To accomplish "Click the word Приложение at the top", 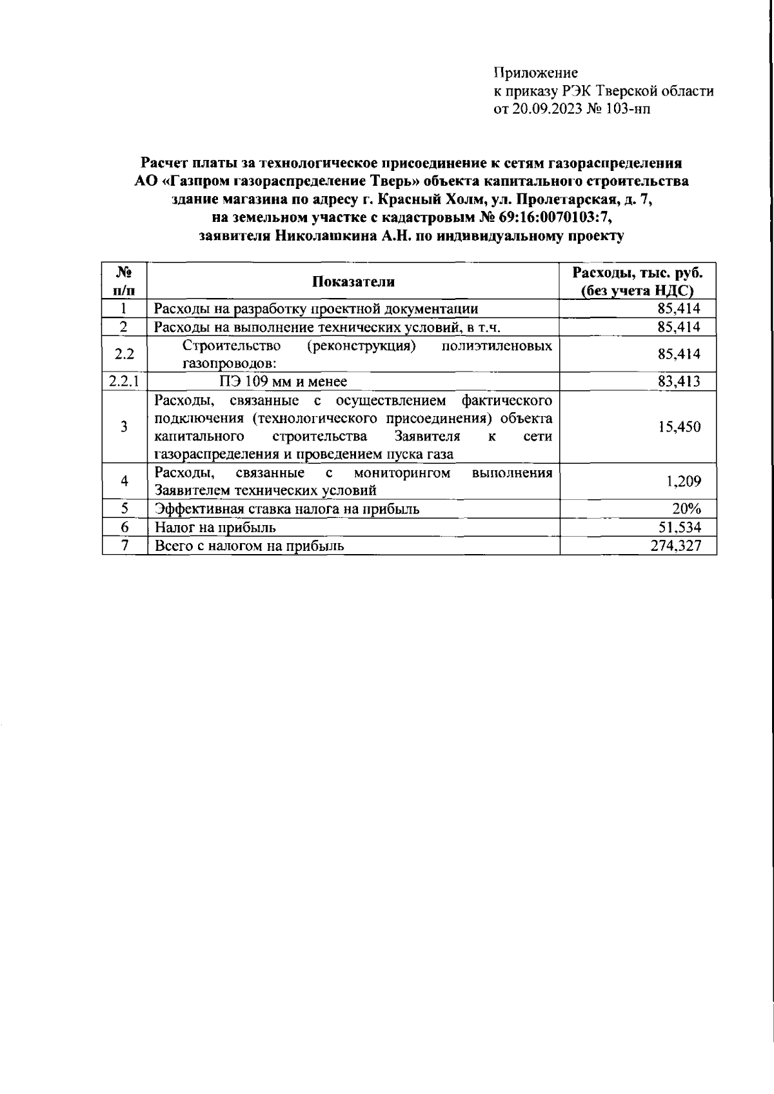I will coord(535,73).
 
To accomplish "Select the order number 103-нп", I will coord(629,109).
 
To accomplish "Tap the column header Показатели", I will coord(353,282).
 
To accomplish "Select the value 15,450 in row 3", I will coord(679,427).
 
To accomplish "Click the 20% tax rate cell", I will coord(686,509).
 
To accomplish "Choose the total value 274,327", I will coord(675,546).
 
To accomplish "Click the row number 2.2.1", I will coord(124,381).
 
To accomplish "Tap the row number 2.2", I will coord(124,354).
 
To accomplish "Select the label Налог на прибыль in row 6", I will coord(215,528).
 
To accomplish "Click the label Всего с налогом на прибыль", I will coord(250,546).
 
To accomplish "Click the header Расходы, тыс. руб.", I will coord(638,273).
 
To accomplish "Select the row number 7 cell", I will coord(124,546).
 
